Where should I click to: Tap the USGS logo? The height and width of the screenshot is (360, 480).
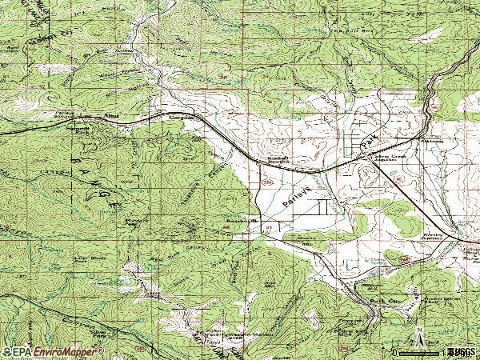click(460, 351)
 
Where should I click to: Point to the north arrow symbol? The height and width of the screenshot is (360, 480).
click(418, 336)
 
